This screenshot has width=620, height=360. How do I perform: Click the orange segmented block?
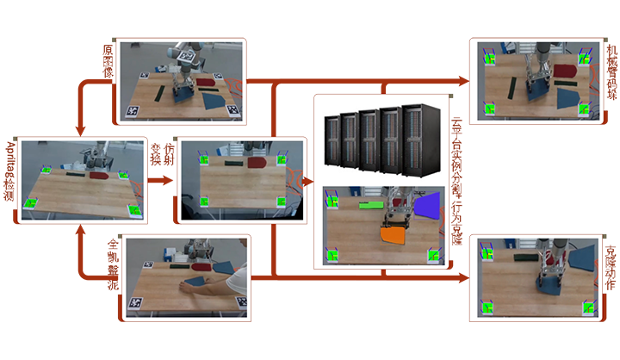[x=394, y=234]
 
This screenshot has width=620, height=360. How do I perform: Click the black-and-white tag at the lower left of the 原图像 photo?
[x=133, y=110]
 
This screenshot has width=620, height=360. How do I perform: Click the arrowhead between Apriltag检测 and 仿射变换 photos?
[x=164, y=181]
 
